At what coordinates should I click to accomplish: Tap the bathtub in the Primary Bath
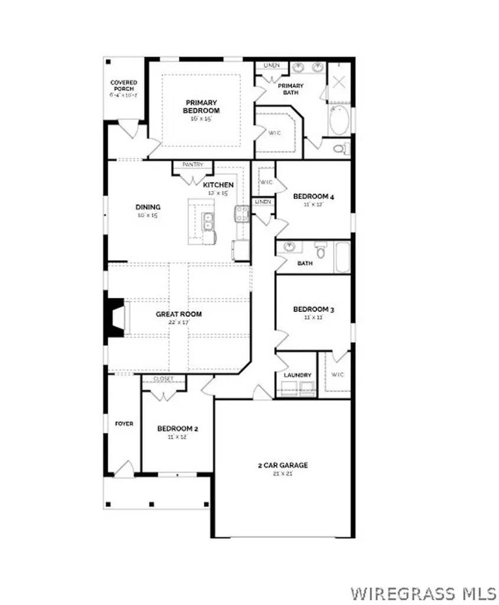tap(338, 120)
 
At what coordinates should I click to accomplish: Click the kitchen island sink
tap(207, 222)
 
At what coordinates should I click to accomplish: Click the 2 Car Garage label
tap(282, 465)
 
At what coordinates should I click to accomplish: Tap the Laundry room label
tap(297, 375)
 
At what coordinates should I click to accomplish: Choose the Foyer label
tap(123, 424)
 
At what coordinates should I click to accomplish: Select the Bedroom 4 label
tap(314, 197)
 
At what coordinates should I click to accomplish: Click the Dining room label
tap(148, 207)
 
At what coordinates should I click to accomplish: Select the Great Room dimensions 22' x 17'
tap(178, 322)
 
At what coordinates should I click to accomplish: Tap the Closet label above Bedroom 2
tap(163, 379)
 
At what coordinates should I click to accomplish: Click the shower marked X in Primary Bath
tap(339, 82)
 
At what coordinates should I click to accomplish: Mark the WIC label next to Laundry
tap(338, 375)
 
